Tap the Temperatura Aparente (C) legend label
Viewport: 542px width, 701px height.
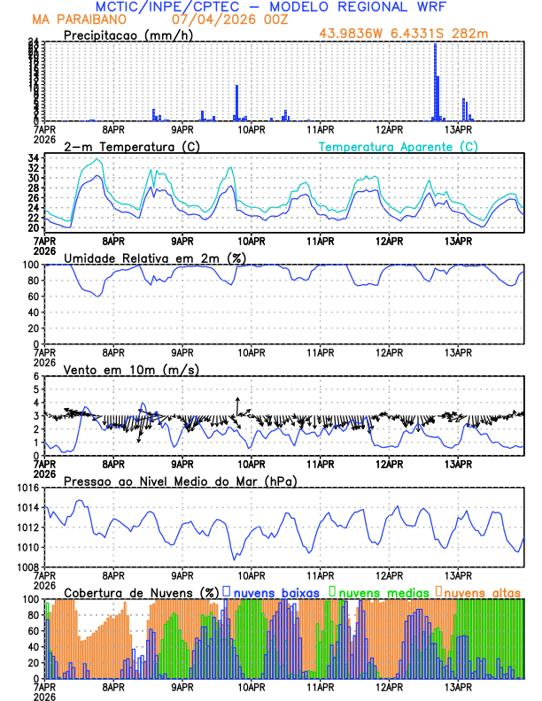pos(398,146)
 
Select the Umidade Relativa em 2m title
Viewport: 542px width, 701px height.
pos(153,258)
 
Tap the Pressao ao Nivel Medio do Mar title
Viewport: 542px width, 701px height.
pos(180,481)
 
